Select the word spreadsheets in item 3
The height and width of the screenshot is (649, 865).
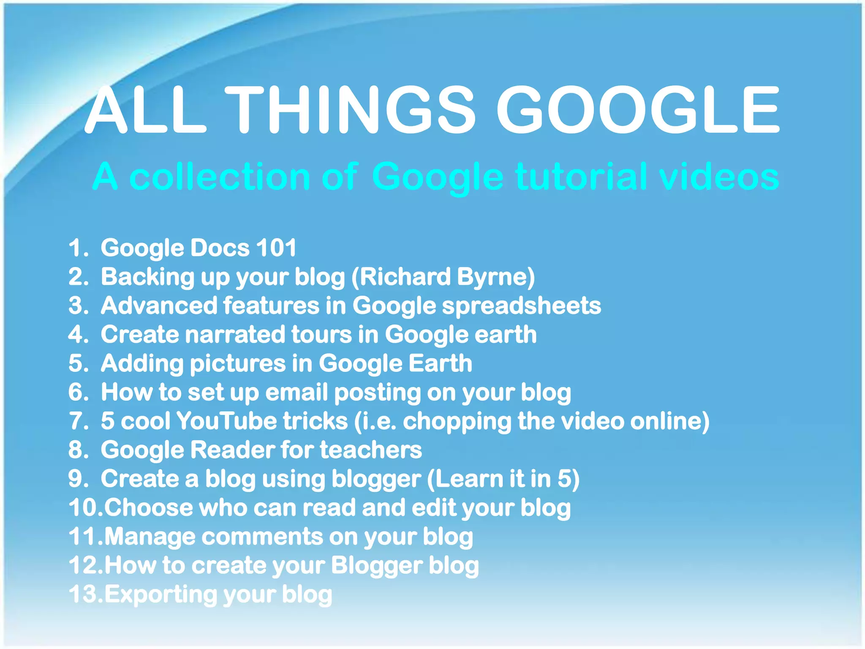point(521,305)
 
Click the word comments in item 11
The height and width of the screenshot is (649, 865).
point(262,537)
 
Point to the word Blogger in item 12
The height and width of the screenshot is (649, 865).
point(376,565)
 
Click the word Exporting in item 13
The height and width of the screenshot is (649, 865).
point(161,594)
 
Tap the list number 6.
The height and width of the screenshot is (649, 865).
point(76,392)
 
